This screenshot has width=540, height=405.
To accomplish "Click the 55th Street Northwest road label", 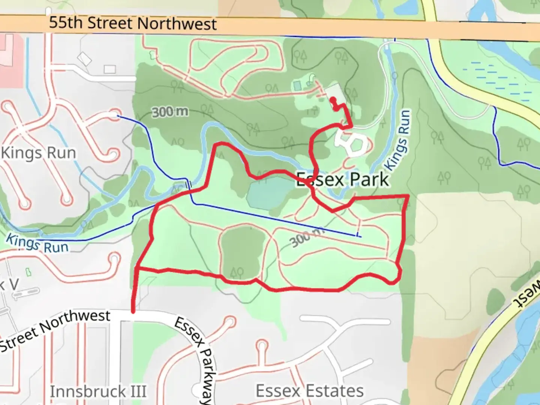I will [133, 23].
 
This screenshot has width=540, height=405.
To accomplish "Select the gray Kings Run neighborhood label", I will [38, 153].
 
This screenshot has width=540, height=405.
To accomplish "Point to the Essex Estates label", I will [309, 391].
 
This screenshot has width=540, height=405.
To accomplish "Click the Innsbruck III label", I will [98, 391].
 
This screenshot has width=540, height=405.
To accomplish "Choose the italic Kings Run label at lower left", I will [37, 243].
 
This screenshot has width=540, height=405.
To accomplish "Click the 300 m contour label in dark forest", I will [170, 111].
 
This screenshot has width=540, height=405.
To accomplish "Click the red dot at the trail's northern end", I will [332, 100].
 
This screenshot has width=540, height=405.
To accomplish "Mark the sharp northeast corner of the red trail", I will [407, 196].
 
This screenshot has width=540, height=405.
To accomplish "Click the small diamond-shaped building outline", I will [84, 59].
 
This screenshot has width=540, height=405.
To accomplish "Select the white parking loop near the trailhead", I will [352, 144].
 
